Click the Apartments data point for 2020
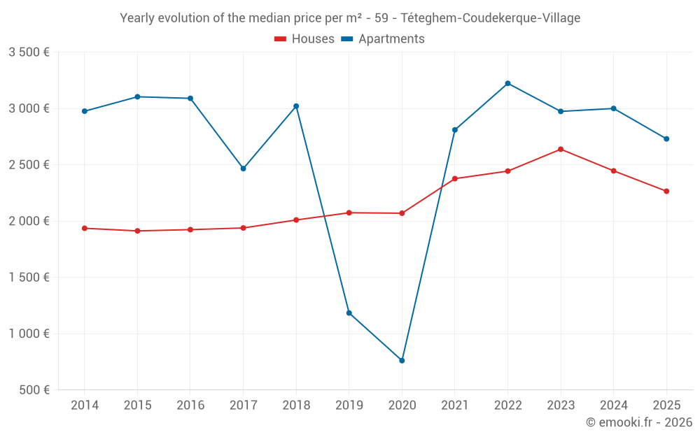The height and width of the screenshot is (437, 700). point(402,361)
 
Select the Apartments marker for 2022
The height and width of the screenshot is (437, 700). point(507,83)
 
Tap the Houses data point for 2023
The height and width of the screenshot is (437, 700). point(561,149)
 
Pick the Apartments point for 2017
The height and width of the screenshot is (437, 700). point(243,169)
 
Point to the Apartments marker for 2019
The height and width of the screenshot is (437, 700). point(349,313)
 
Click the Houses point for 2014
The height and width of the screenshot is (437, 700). point(85,228)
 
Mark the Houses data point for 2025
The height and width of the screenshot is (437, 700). point(666,191)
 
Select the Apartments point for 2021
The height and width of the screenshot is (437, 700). point(455,130)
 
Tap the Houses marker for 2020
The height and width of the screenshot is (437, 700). point(402,213)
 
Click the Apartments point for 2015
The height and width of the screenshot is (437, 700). point(137,96)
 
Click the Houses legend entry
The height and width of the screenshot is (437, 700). point(304,39)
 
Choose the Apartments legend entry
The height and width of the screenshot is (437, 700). point(383,39)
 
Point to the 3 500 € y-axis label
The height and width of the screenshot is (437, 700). point(29,52)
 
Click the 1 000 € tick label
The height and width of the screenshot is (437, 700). point(29,334)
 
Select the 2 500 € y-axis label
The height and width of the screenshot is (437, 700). point(29,165)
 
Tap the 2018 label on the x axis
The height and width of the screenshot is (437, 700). point(296,406)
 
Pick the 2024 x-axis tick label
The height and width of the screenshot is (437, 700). point(613,406)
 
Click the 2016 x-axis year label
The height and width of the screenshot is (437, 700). point(190,406)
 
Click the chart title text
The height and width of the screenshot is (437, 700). point(350,18)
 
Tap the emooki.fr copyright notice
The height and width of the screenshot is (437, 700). point(638,422)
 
